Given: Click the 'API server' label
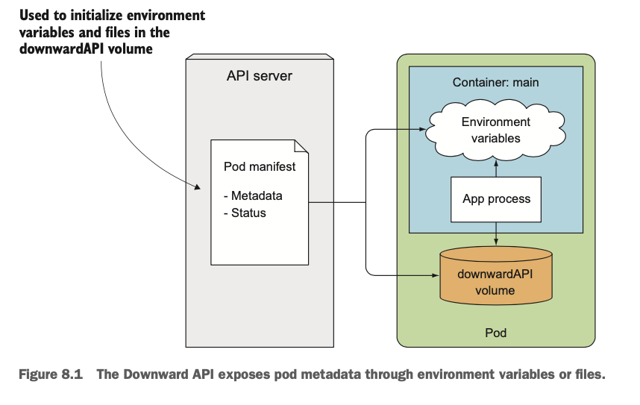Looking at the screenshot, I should (x=260, y=77).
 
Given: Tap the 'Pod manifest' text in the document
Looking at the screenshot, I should (x=260, y=166).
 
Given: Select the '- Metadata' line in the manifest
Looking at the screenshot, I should (x=254, y=196).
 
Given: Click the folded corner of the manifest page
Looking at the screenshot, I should (x=301, y=147).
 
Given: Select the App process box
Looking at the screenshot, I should (x=496, y=199).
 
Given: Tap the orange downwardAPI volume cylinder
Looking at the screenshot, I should (x=495, y=277).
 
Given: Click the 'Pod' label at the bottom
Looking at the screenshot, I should (x=495, y=333).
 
